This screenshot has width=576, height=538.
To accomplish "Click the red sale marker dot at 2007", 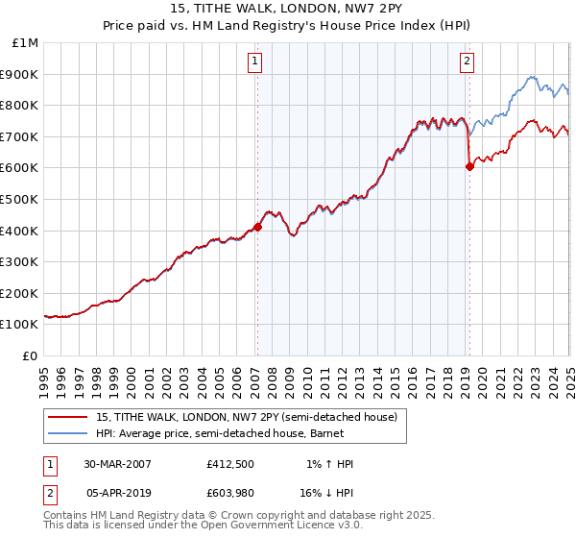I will [x=257, y=227].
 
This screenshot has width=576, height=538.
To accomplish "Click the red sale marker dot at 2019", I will [x=469, y=166].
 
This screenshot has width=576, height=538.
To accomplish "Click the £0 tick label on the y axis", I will [x=31, y=355].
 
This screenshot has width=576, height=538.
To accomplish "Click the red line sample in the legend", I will [x=68, y=416].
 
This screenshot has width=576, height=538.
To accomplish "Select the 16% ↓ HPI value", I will [x=326, y=492].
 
